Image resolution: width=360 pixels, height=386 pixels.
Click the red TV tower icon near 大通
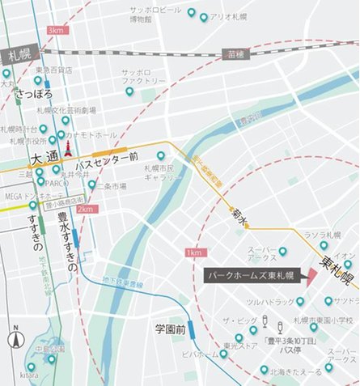68,147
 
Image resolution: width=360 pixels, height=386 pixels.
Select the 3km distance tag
56,30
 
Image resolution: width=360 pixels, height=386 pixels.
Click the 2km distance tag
87,209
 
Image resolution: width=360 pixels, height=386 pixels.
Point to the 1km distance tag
194,252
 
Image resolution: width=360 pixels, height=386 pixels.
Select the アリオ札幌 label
226,16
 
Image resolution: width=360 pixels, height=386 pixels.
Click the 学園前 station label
171,329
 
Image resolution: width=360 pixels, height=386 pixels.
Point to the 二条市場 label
112,185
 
